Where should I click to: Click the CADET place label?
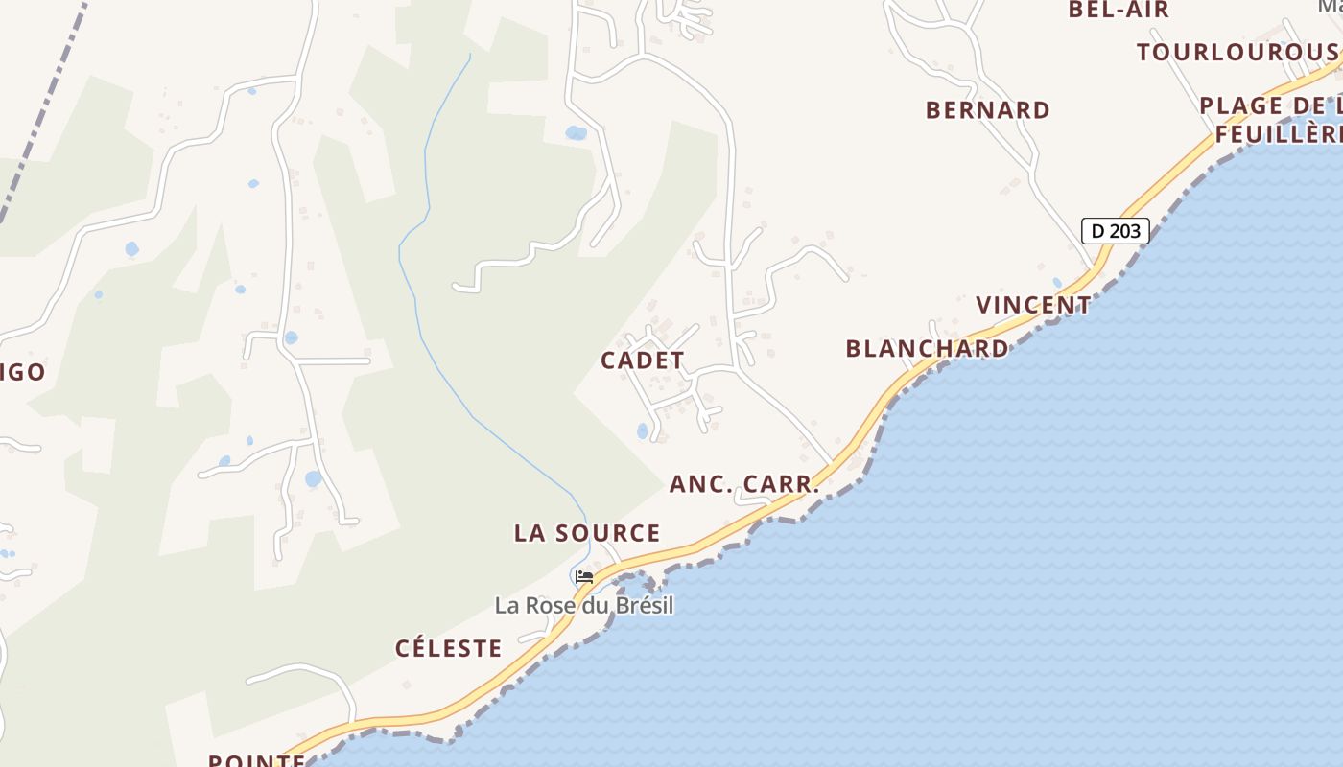pyautogui.click(x=643, y=360)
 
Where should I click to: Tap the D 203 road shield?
pyautogui.click(x=1116, y=230)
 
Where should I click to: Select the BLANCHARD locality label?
pyautogui.click(x=927, y=348)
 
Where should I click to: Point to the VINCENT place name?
pyautogui.click(x=1033, y=305)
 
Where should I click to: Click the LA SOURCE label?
pyautogui.click(x=587, y=533)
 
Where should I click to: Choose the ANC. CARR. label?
pyautogui.click(x=744, y=484)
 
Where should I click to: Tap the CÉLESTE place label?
pyautogui.click(x=449, y=648)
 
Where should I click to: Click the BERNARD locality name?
pyautogui.click(x=988, y=110)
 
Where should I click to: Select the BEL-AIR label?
pyautogui.click(x=1119, y=10)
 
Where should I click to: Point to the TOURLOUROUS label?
pyautogui.click(x=1237, y=52)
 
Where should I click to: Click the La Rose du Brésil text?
pyautogui.click(x=584, y=606)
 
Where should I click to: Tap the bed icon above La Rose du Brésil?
pyautogui.click(x=583, y=577)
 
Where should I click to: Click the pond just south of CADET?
pyautogui.click(x=642, y=431)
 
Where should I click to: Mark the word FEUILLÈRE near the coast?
pyautogui.click(x=1278, y=134)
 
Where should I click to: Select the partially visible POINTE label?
pyautogui.click(x=256, y=759)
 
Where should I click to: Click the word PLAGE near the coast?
pyautogui.click(x=1241, y=105)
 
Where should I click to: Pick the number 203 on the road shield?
pyautogui.click(x=1127, y=230)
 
